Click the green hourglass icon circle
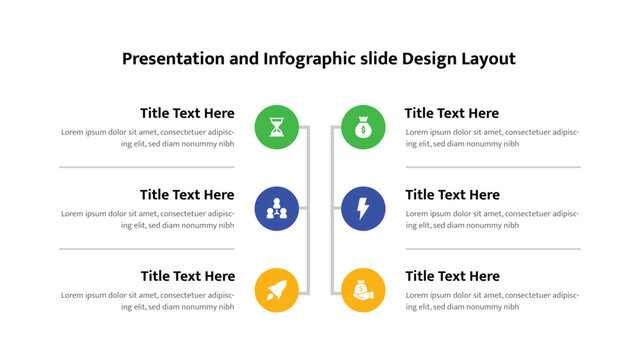pyautogui.click(x=277, y=127)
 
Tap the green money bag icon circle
pyautogui.click(x=363, y=127)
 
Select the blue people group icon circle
pyautogui.click(x=277, y=208)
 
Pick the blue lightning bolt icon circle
pyautogui.click(x=363, y=208)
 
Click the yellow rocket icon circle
pyautogui.click(x=277, y=290)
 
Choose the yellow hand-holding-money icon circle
pyautogui.click(x=363, y=290)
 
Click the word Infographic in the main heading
pyautogui.click(x=310, y=59)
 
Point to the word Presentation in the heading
pyautogui.click(x=173, y=59)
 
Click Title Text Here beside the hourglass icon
pyautogui.click(x=187, y=113)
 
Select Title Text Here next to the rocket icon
pyautogui.click(x=187, y=276)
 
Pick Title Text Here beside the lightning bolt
pyautogui.click(x=452, y=195)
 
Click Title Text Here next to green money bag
pyautogui.click(x=452, y=113)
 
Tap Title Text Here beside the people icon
pyautogui.click(x=187, y=195)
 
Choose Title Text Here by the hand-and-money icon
pyautogui.click(x=452, y=276)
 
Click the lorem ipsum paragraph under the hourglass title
pyautogui.click(x=148, y=138)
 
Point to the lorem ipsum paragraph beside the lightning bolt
pyautogui.click(x=492, y=219)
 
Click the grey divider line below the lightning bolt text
pyautogui.click(x=493, y=249)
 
